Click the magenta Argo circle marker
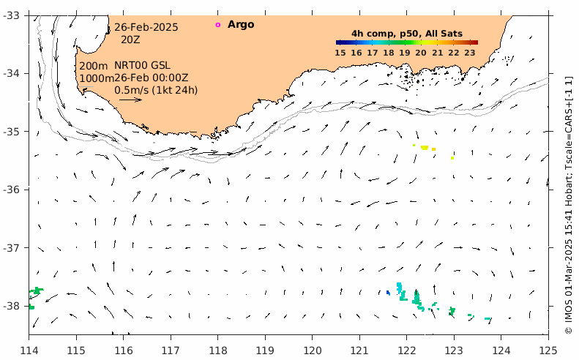217,25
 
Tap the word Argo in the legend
241,25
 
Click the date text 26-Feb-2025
146,28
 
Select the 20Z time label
130,40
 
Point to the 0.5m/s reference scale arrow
130,100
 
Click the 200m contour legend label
94,66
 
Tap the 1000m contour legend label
97,78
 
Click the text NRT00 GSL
142,66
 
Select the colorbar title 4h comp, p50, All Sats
406,34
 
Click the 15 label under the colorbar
340,52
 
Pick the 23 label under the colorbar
471,52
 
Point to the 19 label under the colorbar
406,52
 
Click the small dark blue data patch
388,293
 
